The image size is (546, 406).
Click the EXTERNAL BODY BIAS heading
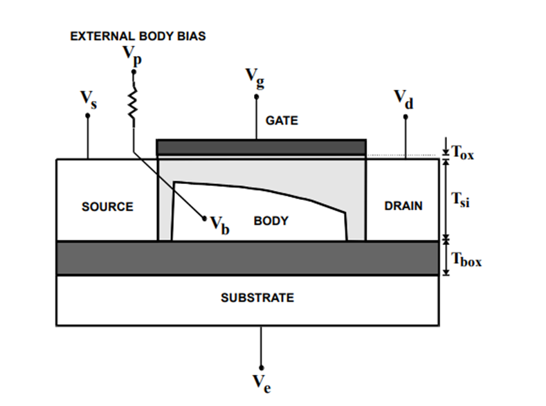pyautogui.click(x=138, y=36)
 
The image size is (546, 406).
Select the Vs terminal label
pyautogui.click(x=87, y=100)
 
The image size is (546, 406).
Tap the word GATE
pyautogui.click(x=282, y=120)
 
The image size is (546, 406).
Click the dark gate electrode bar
pyautogui.click(x=262, y=147)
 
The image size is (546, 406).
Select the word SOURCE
pyautogui.click(x=107, y=207)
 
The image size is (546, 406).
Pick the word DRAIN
pyautogui.click(x=403, y=206)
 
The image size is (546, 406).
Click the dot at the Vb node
pyautogui.click(x=205, y=219)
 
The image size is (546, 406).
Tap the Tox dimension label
pyautogui.click(x=462, y=152)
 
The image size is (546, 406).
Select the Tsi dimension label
pyautogui.click(x=461, y=201)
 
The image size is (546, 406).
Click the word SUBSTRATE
pyautogui.click(x=257, y=298)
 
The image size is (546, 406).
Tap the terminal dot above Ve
pyautogui.click(x=261, y=366)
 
